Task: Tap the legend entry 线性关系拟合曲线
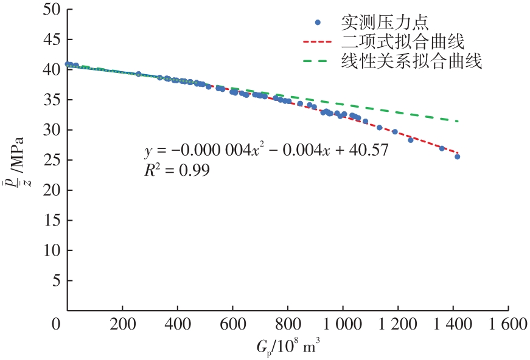(411, 61)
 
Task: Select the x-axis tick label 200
(122, 324)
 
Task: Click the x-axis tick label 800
(287, 324)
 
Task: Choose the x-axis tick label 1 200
(397, 324)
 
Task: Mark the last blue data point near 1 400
(457, 157)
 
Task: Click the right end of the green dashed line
(457, 121)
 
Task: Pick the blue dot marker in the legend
(318, 23)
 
